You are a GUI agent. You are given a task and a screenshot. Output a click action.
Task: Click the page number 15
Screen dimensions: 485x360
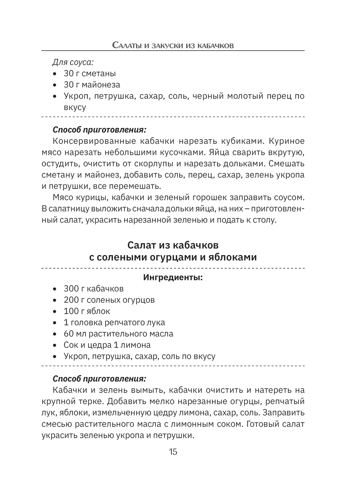(x=173, y=452)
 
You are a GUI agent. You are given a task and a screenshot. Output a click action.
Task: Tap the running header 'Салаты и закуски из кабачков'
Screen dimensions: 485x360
(x=173, y=45)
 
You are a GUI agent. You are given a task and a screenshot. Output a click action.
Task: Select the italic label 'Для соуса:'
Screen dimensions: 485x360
(x=73, y=62)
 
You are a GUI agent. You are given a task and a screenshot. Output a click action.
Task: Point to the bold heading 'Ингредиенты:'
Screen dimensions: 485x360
(x=173, y=277)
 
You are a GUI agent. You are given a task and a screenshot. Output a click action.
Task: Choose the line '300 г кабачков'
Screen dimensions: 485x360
(x=94, y=289)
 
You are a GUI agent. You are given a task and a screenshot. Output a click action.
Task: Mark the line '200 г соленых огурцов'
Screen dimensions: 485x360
(x=109, y=300)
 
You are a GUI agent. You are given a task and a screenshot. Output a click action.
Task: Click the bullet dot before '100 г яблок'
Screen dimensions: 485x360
(x=55, y=311)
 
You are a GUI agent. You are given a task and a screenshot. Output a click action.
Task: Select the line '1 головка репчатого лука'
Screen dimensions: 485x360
(x=114, y=322)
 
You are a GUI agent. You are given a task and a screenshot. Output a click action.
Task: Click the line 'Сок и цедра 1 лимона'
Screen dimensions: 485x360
(x=107, y=345)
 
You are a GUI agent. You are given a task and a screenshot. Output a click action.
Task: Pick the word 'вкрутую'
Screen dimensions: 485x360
(x=286, y=152)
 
